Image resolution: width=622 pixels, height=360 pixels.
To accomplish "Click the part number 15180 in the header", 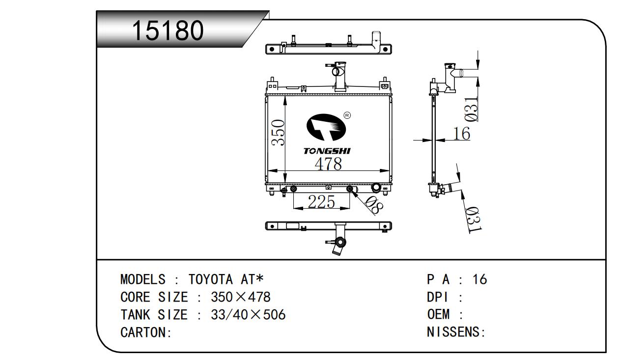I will click(168, 31).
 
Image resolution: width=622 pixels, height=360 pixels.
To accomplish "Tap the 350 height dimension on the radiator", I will click(278, 133).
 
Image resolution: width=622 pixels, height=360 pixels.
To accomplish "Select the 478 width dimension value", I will click(328, 164).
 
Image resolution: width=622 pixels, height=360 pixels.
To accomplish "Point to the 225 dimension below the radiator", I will click(321, 201).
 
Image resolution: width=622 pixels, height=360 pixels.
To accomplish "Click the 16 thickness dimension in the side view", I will click(461, 133).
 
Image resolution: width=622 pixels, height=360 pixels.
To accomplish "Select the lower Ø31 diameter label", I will click(473, 220).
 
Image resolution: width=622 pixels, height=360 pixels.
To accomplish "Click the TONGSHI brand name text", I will click(327, 151).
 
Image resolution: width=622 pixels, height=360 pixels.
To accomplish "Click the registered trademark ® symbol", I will click(347, 115).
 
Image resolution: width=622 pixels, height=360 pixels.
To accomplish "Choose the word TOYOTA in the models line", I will click(211, 279).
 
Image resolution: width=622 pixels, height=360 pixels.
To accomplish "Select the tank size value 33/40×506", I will click(248, 315).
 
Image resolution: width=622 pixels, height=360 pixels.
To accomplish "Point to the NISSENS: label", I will click(456, 332).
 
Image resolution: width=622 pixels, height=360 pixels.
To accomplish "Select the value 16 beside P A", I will click(479, 279).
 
